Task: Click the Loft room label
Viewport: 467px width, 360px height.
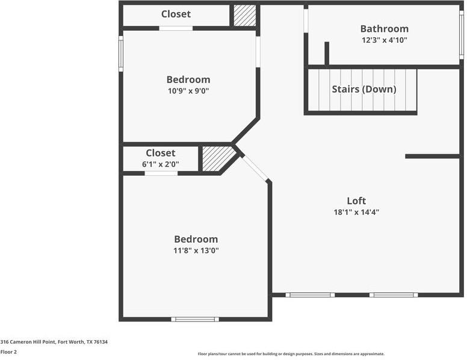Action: (356, 201)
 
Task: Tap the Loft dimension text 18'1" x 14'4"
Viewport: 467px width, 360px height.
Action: (356, 212)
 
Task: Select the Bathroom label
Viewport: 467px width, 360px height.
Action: (384, 29)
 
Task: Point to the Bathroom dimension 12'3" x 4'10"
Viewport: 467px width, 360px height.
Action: (384, 40)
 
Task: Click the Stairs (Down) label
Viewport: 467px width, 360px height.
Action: (363, 89)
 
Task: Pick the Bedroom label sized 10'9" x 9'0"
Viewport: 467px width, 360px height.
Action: (188, 79)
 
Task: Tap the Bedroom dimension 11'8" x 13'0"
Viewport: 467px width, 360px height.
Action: (196, 250)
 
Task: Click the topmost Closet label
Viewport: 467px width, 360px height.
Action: (176, 14)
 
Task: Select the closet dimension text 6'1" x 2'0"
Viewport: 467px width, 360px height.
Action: (161, 164)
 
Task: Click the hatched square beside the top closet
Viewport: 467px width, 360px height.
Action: (244, 16)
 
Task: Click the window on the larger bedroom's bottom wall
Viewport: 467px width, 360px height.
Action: (195, 319)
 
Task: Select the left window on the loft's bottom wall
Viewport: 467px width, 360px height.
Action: (310, 295)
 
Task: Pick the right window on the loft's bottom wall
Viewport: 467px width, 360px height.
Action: (394, 295)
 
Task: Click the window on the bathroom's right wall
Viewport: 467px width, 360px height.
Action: (462, 35)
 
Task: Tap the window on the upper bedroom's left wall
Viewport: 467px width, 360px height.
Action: (121, 54)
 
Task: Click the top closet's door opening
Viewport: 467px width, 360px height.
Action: (176, 28)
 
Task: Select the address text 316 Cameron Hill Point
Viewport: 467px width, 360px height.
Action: (54, 341)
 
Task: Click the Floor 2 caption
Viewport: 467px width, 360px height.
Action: (9, 352)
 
